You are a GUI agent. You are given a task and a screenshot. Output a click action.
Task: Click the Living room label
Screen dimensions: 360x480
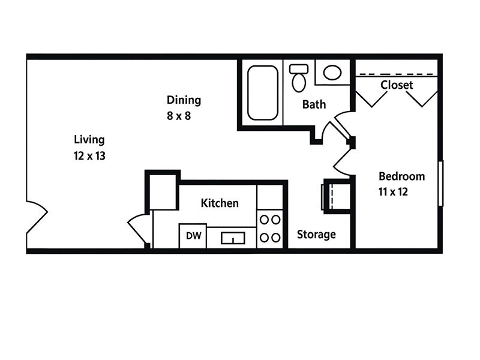tap(89, 140)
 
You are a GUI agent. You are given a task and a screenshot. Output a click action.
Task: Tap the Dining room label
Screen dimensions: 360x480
tap(184, 100)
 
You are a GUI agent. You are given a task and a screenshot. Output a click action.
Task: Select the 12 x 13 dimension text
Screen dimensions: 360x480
tap(89, 155)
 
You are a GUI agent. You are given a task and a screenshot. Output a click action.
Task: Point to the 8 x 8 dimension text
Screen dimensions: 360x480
tap(178, 116)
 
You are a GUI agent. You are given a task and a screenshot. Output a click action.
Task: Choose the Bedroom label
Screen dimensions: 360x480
tap(401, 176)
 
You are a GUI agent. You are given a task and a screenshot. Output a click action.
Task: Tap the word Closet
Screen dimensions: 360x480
tap(397, 85)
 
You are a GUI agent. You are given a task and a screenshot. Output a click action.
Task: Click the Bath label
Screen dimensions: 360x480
tap(314, 104)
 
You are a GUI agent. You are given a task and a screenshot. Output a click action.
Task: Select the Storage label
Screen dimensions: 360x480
tap(316, 235)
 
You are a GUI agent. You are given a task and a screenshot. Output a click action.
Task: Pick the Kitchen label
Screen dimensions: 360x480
tap(220, 203)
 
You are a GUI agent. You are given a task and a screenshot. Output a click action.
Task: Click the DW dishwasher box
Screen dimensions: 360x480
tap(193, 236)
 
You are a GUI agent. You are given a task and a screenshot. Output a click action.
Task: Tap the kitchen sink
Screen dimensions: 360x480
tap(230, 238)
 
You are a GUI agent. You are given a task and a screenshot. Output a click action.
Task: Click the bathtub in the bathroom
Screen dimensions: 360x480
tap(262, 92)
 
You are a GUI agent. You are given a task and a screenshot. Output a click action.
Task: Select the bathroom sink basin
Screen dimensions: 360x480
tap(332, 73)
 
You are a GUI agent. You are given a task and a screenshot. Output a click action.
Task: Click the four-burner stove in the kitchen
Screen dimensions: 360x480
tap(269, 229)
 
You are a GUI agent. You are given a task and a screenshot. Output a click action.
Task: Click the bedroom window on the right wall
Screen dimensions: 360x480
tap(441, 184)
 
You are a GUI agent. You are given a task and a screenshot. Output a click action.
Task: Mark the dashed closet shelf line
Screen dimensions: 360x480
tap(396, 75)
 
